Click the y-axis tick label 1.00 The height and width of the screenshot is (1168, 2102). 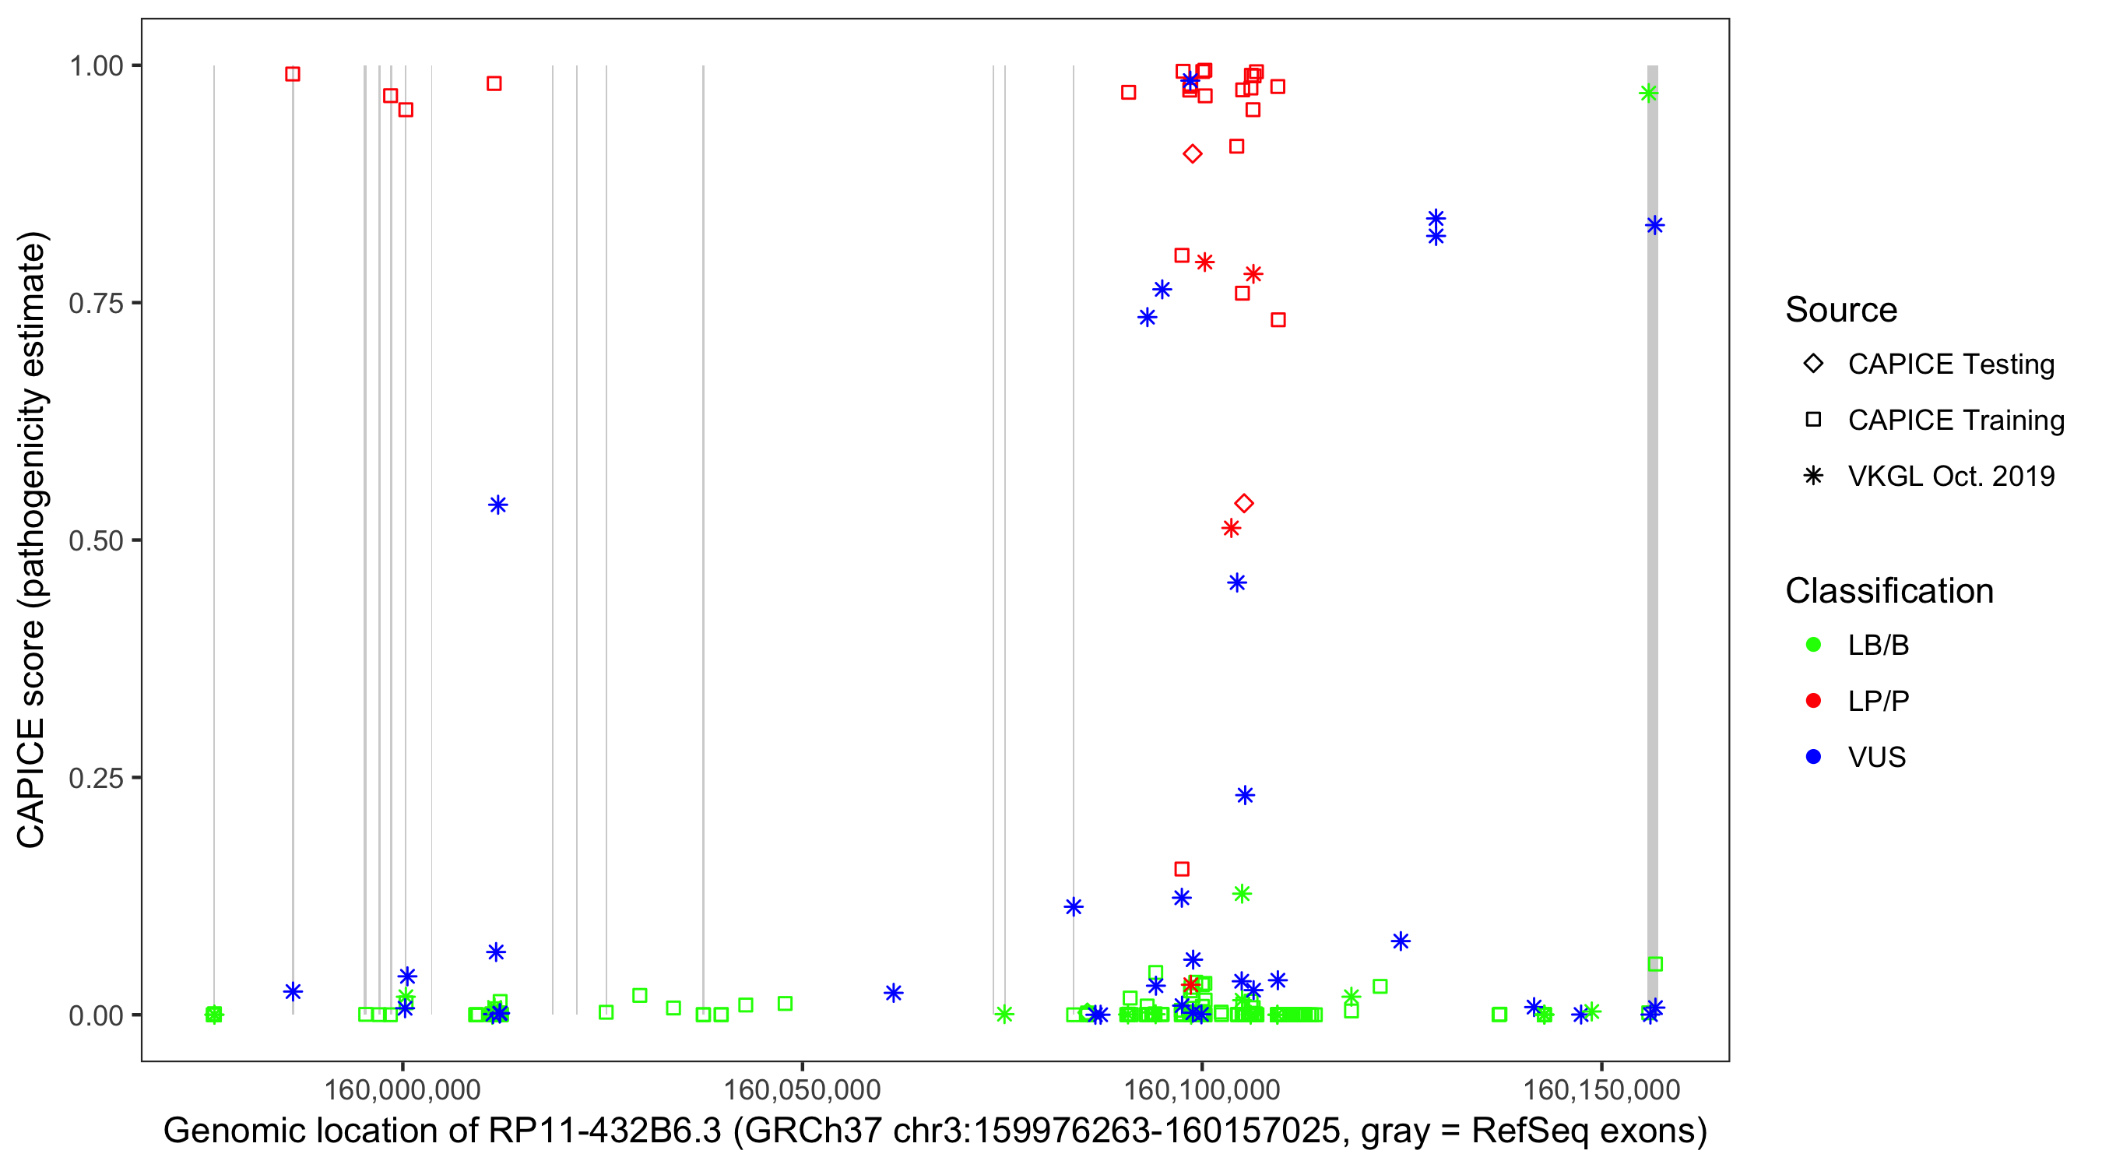pyautogui.click(x=96, y=66)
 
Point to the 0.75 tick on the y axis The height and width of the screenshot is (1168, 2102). pyautogui.click(x=96, y=304)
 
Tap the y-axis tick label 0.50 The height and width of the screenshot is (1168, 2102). pyautogui.click(x=96, y=540)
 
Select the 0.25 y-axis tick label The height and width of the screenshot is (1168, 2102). pyautogui.click(x=96, y=778)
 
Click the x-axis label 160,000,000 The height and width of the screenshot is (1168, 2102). pyautogui.click(x=402, y=1089)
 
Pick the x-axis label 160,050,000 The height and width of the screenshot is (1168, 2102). pyautogui.click(x=802, y=1089)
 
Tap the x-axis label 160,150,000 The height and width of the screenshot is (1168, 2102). pyautogui.click(x=1601, y=1089)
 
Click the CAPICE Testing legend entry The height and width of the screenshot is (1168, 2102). pyautogui.click(x=1950, y=364)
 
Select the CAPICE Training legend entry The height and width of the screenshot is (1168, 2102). pyautogui.click(x=1955, y=420)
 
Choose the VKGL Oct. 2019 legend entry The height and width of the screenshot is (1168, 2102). pyautogui.click(x=1950, y=476)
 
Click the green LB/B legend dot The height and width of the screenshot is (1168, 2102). pyautogui.click(x=1813, y=645)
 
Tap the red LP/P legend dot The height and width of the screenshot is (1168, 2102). pyautogui.click(x=1813, y=701)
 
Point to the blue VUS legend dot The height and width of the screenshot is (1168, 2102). pyautogui.click(x=1813, y=757)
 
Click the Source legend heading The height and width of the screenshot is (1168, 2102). pyautogui.click(x=1841, y=310)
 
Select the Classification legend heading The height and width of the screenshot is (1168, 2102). pyautogui.click(x=1889, y=591)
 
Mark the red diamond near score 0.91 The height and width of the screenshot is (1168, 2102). pyautogui.click(x=1192, y=153)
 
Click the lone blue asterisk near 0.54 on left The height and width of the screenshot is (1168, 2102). pyautogui.click(x=497, y=505)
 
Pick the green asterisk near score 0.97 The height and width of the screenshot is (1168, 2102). pyautogui.click(x=1648, y=93)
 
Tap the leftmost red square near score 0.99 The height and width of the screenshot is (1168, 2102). pyautogui.click(x=292, y=74)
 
